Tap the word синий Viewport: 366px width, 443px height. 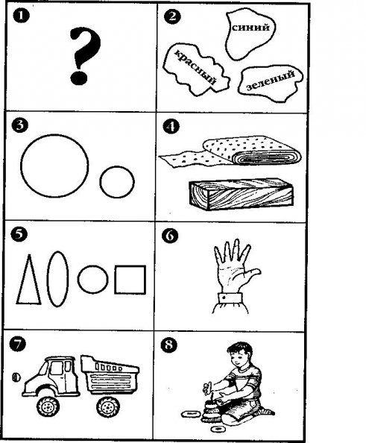click(250, 28)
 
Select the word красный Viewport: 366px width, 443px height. click(195, 67)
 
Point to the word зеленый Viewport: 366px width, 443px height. click(271, 81)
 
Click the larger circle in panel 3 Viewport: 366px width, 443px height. click(21, 166)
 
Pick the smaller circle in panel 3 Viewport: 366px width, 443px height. click(100, 182)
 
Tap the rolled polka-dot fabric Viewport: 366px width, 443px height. click(230, 153)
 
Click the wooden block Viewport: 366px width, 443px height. click(242, 194)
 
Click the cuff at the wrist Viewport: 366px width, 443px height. click(230, 298)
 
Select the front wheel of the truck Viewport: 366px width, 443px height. click(48, 406)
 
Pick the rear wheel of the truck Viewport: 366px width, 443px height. click(108, 407)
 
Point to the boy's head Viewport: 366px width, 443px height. click(240, 355)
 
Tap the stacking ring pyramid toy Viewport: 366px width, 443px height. click(210, 410)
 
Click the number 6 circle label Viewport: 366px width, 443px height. click(170, 236)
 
